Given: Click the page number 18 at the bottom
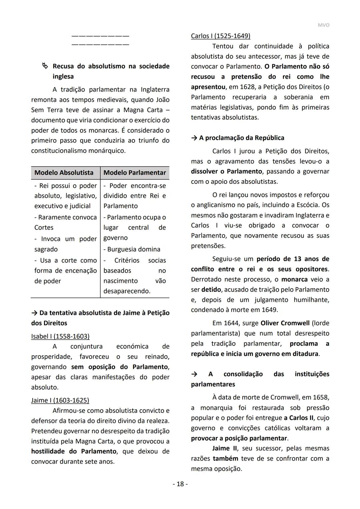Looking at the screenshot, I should (180, 484).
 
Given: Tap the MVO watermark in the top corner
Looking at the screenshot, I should (323, 25).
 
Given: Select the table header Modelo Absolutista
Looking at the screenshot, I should (64, 172).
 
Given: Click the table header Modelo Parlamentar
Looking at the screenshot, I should (135, 172).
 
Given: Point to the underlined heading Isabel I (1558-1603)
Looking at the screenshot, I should (60, 336).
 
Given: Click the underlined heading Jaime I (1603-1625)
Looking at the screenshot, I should (60, 400).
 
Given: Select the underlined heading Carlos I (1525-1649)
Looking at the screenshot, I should (220, 36).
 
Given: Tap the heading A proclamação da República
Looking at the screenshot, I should (241, 138).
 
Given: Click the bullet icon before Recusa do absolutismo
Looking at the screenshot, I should (45, 66).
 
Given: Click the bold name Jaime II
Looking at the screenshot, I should (225, 448).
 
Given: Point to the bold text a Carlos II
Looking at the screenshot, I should (298, 418).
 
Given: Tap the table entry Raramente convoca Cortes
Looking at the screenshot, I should (65, 222).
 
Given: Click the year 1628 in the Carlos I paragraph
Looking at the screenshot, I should (253, 87).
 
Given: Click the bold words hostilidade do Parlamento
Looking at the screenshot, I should (74, 451).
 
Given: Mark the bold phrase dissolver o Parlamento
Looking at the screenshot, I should (226, 171).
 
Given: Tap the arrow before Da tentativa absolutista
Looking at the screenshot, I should (34, 313).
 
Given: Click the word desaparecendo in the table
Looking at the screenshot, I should (127, 291).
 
